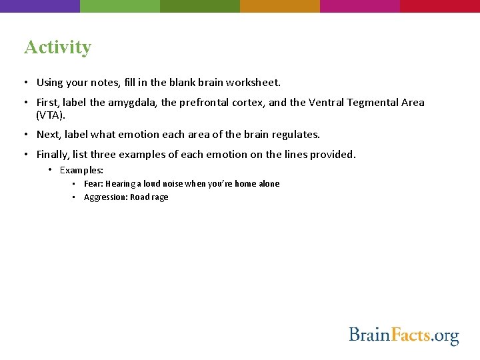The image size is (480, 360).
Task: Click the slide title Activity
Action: (57, 47)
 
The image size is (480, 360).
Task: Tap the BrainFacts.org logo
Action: (404, 335)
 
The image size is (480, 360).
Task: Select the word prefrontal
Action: (205, 103)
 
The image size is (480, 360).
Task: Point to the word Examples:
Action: (81, 171)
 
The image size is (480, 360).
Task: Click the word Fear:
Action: (93, 184)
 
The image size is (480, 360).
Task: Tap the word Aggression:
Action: (105, 197)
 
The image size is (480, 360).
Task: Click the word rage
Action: (160, 197)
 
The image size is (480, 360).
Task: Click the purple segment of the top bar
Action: (40, 6)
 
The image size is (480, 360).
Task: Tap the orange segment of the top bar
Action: (280, 6)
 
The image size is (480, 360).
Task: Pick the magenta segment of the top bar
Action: (360, 6)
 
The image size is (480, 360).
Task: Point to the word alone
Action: (269, 184)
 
